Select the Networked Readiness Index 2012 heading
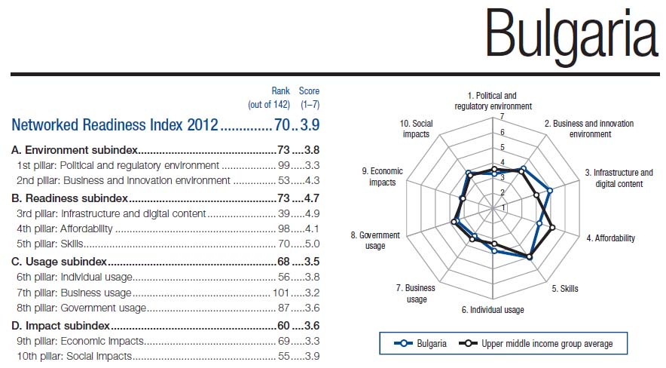coord(115,124)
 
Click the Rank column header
coord(280,91)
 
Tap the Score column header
coord(309,91)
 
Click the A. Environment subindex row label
coord(75,150)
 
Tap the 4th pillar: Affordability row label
coord(65,228)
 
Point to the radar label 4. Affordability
coord(610,238)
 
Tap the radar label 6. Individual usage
coord(493,310)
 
